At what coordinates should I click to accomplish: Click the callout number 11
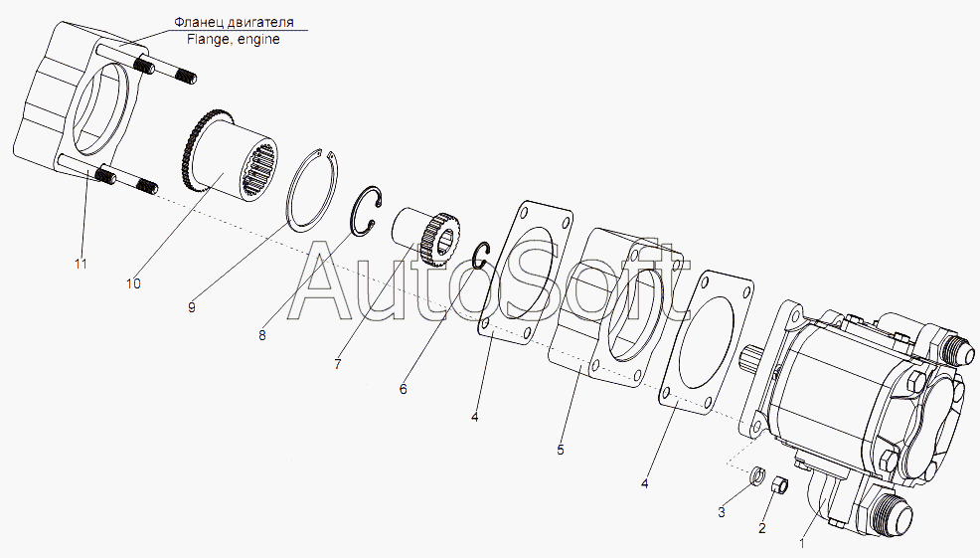click(81, 264)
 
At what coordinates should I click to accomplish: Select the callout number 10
click(133, 284)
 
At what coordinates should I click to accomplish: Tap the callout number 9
click(191, 307)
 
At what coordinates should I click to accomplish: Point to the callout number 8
click(261, 336)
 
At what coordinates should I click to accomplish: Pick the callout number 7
click(338, 364)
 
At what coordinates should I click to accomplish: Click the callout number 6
click(404, 389)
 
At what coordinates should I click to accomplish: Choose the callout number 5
click(560, 450)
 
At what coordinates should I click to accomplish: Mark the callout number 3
click(722, 513)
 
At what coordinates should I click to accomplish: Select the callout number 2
click(762, 528)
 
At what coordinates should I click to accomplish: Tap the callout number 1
click(803, 544)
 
